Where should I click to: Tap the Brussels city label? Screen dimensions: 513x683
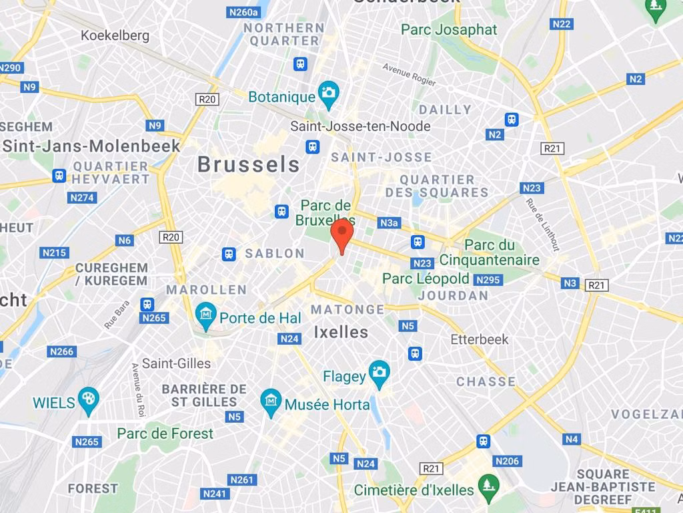pyautogui.click(x=248, y=164)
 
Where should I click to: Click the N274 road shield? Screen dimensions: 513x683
pyautogui.click(x=82, y=198)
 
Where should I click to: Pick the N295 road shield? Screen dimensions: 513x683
pyautogui.click(x=488, y=280)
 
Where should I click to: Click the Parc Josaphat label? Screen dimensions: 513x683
pyautogui.click(x=449, y=29)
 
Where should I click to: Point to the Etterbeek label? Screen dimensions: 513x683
pyautogui.click(x=479, y=339)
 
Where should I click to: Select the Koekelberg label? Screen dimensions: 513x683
pyautogui.click(x=115, y=35)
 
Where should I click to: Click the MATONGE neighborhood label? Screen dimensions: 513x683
pyautogui.click(x=347, y=309)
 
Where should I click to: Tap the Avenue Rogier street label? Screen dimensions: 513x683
pyautogui.click(x=409, y=74)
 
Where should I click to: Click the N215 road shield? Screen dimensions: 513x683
pyautogui.click(x=54, y=252)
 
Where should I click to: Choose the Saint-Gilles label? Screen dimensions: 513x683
pyautogui.click(x=176, y=363)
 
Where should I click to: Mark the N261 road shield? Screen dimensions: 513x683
pyautogui.click(x=242, y=480)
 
